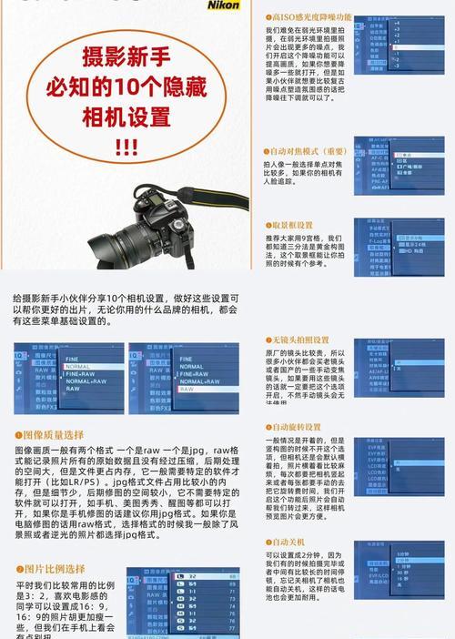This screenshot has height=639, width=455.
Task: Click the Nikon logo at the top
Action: pos(224,5)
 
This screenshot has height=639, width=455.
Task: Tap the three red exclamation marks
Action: pos(127,146)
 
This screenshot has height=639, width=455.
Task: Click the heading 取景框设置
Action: pos(291,225)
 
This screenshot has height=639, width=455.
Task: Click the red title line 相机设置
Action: pos(127,117)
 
